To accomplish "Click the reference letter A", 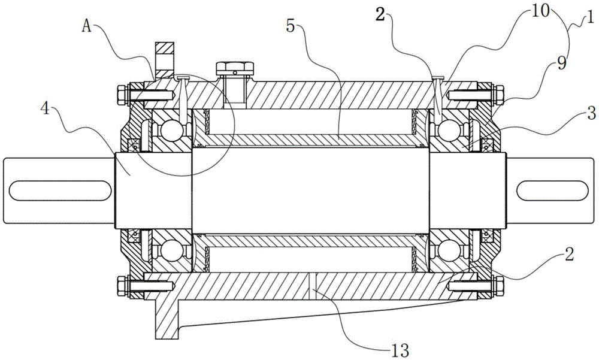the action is (x=87, y=26).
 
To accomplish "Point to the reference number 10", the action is (x=539, y=11).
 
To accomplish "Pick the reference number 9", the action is (x=562, y=63).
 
